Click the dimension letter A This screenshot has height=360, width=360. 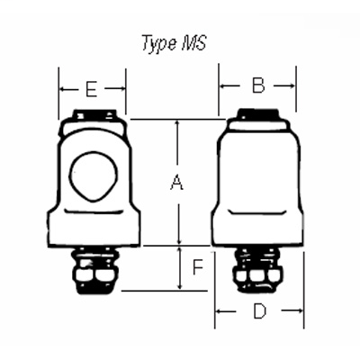click(177, 184)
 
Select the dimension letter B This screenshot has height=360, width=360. click(257, 86)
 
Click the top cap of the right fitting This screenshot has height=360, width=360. click(257, 114)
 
